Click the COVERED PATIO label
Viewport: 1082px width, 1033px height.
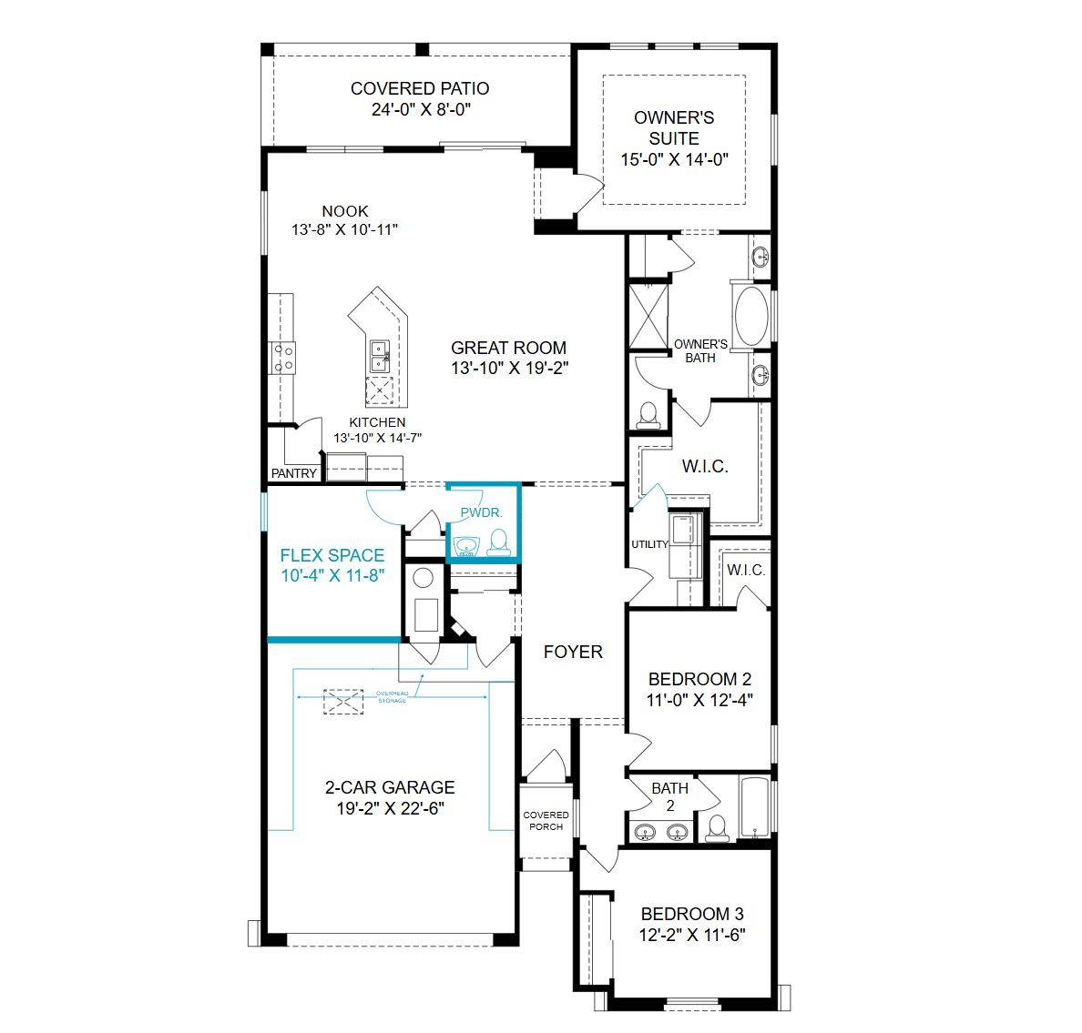pos(420,88)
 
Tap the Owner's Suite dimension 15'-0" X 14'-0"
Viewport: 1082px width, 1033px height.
pos(674,159)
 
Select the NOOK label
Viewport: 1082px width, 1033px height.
pos(345,211)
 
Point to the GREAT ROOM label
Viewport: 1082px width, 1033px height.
pos(508,348)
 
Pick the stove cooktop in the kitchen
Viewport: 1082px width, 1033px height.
pos(283,358)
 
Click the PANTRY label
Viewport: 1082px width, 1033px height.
pos(294,473)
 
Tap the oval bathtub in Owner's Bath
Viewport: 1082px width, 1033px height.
pos(751,316)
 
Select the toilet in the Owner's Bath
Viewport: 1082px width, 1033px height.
pos(648,416)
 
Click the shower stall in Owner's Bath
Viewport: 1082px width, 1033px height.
pos(648,317)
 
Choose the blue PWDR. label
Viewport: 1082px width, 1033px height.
pos(482,512)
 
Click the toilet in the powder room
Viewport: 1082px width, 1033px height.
pos(498,542)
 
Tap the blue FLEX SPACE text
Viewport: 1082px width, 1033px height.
pos(332,555)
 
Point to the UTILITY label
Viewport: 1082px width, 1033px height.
pos(650,544)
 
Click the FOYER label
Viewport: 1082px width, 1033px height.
pos(573,652)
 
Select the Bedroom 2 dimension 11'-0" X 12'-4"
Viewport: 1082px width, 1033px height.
pos(699,700)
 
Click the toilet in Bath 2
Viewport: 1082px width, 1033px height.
pos(718,828)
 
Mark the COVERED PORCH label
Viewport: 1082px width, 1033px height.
pos(546,821)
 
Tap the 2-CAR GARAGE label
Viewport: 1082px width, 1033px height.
pos(390,787)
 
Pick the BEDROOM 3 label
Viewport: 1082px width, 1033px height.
pos(692,914)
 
